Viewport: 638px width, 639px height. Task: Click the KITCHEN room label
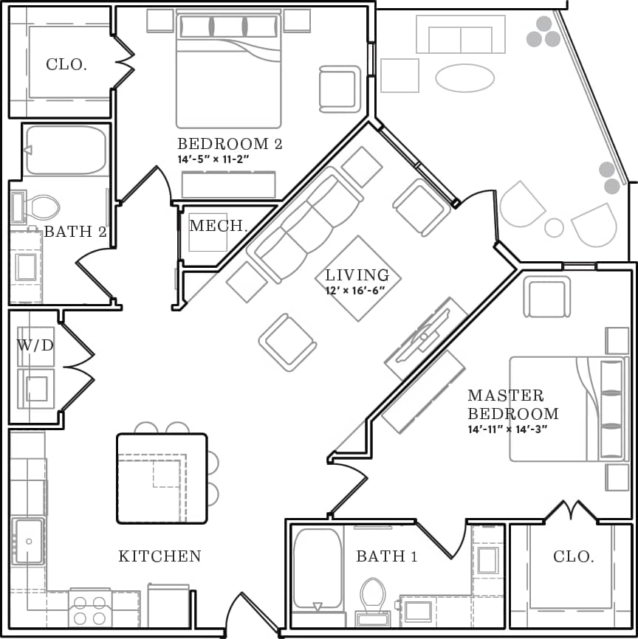pyautogui.click(x=159, y=556)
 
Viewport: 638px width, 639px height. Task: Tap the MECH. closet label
pyautogui.click(x=218, y=226)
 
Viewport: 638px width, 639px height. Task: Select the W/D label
pyautogui.click(x=35, y=345)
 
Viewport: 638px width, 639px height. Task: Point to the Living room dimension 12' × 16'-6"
pyautogui.click(x=357, y=291)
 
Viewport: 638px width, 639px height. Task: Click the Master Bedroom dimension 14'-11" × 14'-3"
pyautogui.click(x=507, y=429)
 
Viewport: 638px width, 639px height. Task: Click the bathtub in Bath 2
pyautogui.click(x=66, y=151)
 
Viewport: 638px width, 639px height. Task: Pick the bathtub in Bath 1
pyautogui.click(x=318, y=569)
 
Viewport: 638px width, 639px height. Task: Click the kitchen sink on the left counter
pyautogui.click(x=29, y=541)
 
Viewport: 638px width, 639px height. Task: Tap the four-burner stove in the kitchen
pyautogui.click(x=89, y=609)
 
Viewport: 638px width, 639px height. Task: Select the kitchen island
pyautogui.click(x=162, y=478)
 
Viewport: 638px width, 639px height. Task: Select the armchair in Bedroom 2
pyautogui.click(x=339, y=89)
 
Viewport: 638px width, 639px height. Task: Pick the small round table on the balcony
pyautogui.click(x=554, y=227)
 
